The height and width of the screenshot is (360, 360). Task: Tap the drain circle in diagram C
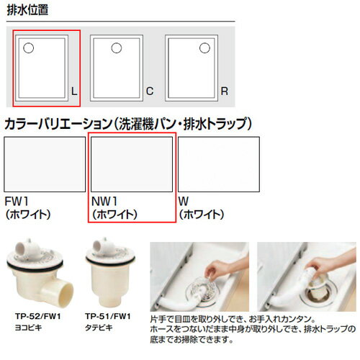115,48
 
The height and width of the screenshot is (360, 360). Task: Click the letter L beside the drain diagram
73,91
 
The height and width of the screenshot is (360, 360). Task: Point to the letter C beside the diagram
150,91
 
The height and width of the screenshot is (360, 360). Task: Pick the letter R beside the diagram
225,91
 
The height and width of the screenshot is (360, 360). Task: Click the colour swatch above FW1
45,164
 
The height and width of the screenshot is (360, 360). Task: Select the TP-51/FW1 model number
107,316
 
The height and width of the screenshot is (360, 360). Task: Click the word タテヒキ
96,326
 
